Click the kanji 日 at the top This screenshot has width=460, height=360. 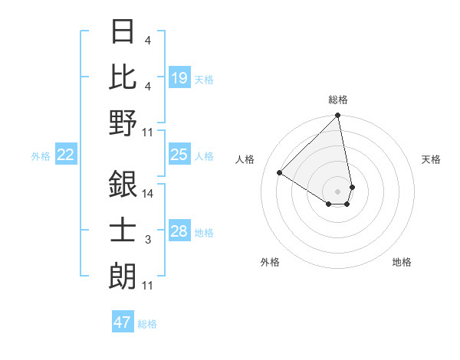(123, 32)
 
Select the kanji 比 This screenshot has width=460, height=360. (123, 77)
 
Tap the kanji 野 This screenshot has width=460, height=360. (123, 123)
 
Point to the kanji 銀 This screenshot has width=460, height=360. (123, 185)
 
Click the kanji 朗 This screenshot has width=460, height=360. (123, 275)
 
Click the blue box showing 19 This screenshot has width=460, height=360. (179, 78)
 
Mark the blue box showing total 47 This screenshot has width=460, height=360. (123, 322)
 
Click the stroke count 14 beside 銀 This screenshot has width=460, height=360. (147, 195)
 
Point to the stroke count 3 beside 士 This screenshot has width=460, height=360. (147, 241)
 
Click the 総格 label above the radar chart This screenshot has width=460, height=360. (338, 100)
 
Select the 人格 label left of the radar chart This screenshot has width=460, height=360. (245, 159)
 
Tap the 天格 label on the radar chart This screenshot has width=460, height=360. (432, 159)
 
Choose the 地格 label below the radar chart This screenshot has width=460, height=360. (402, 262)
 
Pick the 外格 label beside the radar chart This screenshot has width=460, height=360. (270, 262)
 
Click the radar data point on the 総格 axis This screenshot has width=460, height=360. (338, 116)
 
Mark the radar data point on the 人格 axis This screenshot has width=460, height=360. (280, 173)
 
